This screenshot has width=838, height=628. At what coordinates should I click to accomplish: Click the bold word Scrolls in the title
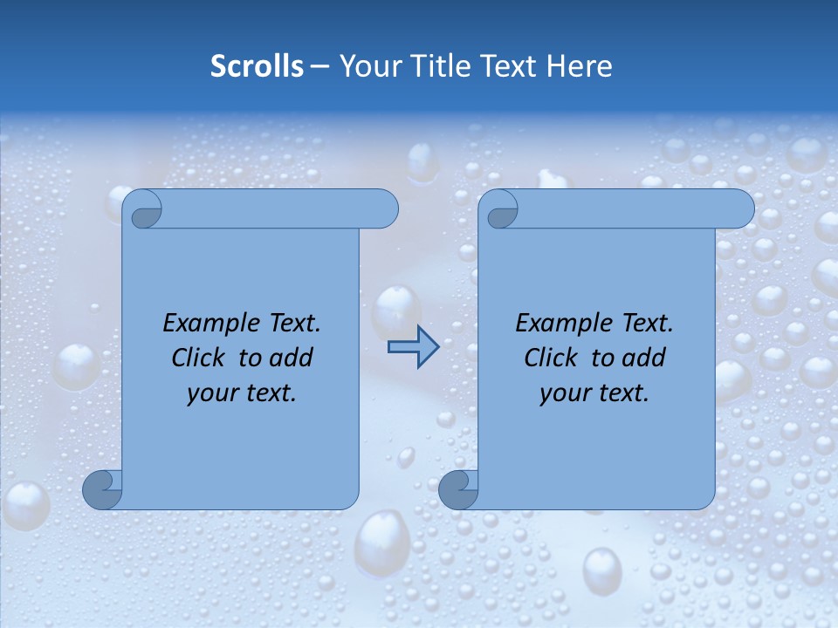click(257, 66)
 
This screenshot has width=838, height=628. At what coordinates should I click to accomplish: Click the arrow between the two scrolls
click(413, 347)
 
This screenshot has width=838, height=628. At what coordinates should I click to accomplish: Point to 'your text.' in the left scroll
click(242, 392)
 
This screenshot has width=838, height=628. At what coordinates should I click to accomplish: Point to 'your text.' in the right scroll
click(594, 392)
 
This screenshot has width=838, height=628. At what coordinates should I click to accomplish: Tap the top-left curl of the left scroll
click(143, 210)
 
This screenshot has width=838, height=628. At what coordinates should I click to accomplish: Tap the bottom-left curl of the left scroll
click(102, 490)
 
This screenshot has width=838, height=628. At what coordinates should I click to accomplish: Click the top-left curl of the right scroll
click(499, 210)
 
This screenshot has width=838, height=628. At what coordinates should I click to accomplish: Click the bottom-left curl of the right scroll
click(458, 490)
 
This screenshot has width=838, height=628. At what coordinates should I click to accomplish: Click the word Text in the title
click(509, 66)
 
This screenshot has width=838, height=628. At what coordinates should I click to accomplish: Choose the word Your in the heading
click(368, 66)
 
